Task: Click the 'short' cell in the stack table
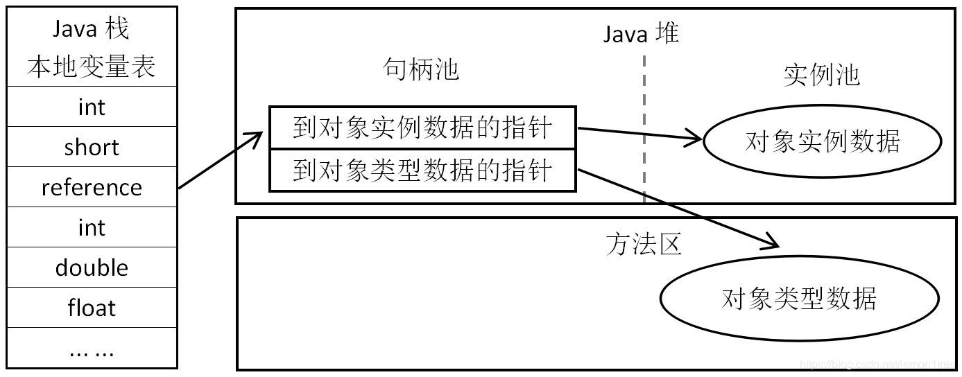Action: coord(92,147)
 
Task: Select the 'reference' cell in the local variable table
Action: coord(92,187)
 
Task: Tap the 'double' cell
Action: coord(92,268)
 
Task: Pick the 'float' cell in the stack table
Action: coord(92,308)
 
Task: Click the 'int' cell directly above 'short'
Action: coord(92,107)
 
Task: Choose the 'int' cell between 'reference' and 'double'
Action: coord(92,227)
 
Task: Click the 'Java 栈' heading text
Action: coord(92,29)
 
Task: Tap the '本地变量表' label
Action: coord(92,67)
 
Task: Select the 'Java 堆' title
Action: coord(641,33)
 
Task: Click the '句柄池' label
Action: coord(421,69)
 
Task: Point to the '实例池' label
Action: coord(822,75)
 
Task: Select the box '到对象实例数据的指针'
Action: coord(422,128)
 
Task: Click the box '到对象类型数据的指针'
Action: coord(422,170)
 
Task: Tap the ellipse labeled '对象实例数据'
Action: coord(823,141)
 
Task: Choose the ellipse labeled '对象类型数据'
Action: coord(799,299)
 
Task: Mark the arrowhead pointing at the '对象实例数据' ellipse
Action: coord(696,139)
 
